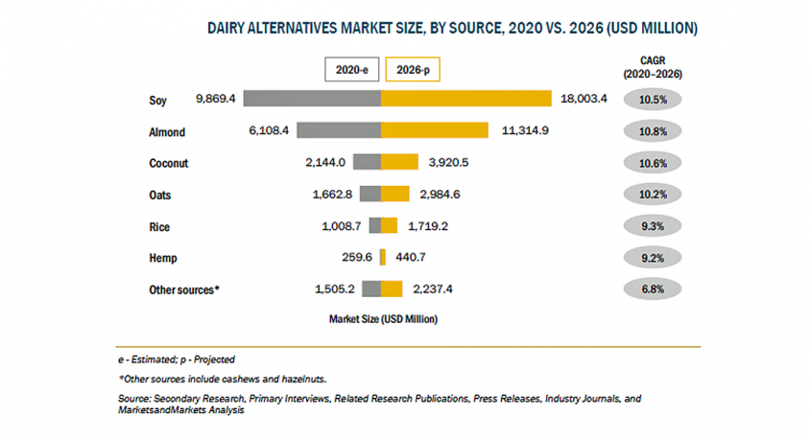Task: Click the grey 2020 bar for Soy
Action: pos(312,98)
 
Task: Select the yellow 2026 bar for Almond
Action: pos(435,130)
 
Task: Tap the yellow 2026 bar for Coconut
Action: pos(400,162)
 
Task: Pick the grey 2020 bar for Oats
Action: pos(370,194)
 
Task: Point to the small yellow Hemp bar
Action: pos(383,257)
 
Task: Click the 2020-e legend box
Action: pos(351,69)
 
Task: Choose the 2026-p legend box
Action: pos(413,69)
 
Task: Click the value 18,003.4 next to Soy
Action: pos(584,98)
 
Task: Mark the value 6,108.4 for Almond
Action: pos(269,130)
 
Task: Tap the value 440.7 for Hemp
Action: pos(411,257)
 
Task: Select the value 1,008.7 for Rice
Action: pos(342,226)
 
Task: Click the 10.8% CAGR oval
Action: pos(653,131)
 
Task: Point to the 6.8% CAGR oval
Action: pos(653,289)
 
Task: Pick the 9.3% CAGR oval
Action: pos(653,225)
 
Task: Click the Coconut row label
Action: pos(169,163)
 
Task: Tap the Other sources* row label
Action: pos(184,289)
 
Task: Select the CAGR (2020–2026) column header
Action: pos(653,67)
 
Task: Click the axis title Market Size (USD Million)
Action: pos(383,319)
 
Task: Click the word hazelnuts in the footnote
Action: pos(303,379)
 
